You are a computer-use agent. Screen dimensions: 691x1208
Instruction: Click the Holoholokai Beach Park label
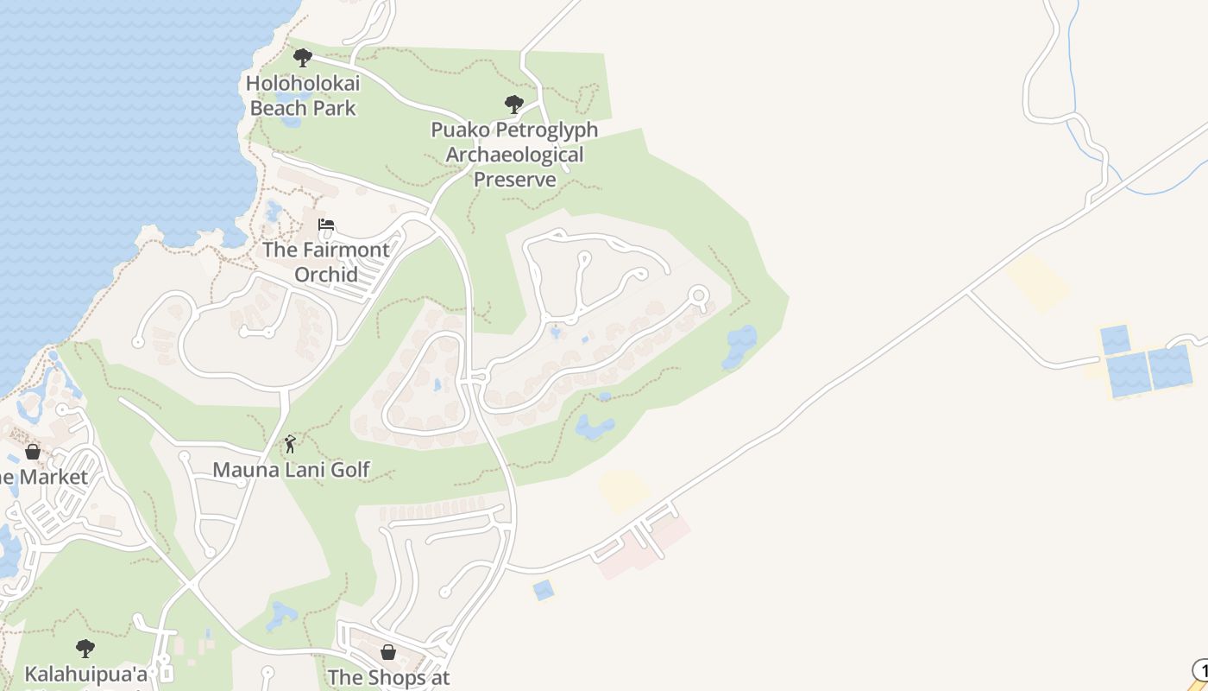tap(303, 96)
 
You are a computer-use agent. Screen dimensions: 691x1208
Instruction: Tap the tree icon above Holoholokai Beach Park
tap(302, 58)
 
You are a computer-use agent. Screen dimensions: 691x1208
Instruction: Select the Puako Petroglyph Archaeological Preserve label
tap(514, 155)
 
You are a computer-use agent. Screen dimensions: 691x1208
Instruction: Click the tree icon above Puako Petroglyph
tap(514, 105)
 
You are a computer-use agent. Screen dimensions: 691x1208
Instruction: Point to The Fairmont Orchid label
tap(325, 262)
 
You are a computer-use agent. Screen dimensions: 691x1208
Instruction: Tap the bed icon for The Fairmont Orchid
tap(326, 225)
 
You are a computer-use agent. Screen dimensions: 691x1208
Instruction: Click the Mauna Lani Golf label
tap(291, 470)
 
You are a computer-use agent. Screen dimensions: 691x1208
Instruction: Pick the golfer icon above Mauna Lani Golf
tap(291, 444)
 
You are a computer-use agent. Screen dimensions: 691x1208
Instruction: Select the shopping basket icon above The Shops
tap(388, 651)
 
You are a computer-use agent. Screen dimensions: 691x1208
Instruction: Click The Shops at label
tap(388, 678)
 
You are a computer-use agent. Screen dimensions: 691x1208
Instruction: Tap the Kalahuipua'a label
tap(85, 674)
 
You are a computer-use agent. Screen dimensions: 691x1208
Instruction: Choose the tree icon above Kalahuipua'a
tap(85, 648)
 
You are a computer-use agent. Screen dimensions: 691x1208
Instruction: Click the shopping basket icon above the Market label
tap(33, 451)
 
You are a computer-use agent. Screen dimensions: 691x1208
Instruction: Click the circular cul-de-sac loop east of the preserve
tap(698, 297)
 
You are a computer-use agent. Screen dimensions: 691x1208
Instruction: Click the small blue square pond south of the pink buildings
tap(543, 590)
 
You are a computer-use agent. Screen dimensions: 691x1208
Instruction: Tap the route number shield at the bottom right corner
tap(1200, 669)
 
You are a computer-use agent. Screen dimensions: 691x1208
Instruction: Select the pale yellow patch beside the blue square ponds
tap(1037, 280)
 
